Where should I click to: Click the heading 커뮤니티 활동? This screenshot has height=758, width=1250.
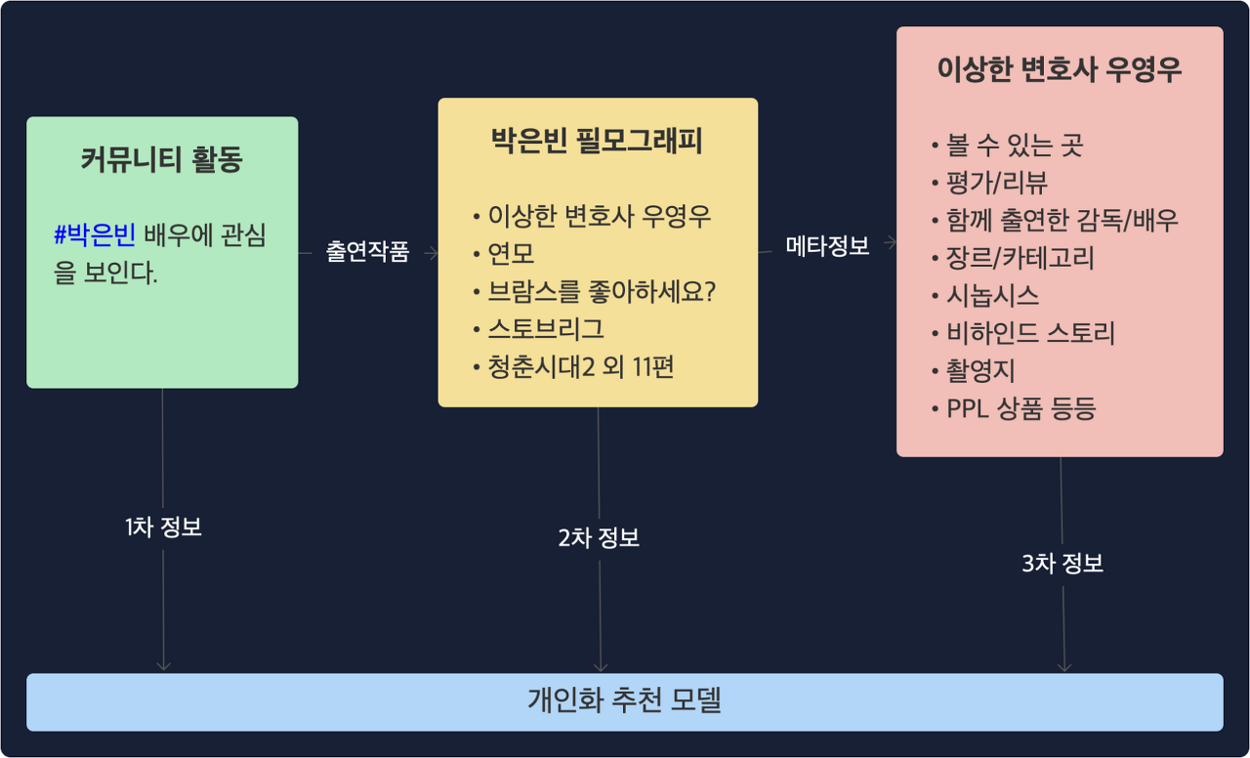(161, 160)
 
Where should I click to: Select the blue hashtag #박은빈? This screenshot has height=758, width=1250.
(95, 235)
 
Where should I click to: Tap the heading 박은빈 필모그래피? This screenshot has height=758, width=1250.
(597, 142)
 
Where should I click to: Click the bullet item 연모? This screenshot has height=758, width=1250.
(511, 254)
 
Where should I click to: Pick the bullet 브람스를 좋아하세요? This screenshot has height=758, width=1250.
(602, 291)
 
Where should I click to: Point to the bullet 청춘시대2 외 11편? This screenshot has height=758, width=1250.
(580, 366)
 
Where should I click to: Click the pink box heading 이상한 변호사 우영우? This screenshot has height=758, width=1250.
(1060, 70)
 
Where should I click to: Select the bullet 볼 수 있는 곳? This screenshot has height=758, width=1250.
(1015, 146)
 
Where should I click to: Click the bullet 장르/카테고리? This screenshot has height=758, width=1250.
(1020, 258)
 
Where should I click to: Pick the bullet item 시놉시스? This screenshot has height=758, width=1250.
(992, 295)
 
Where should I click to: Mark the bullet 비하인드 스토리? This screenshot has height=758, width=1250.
(1030, 333)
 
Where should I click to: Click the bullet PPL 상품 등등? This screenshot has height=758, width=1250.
(1021, 408)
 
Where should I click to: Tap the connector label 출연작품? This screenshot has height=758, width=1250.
(367, 252)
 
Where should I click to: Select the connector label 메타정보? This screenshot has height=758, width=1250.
(827, 246)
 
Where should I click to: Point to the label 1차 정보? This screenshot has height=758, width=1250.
(163, 527)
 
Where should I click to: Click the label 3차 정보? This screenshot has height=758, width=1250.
(1062, 564)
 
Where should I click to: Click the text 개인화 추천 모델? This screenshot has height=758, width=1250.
(624, 700)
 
